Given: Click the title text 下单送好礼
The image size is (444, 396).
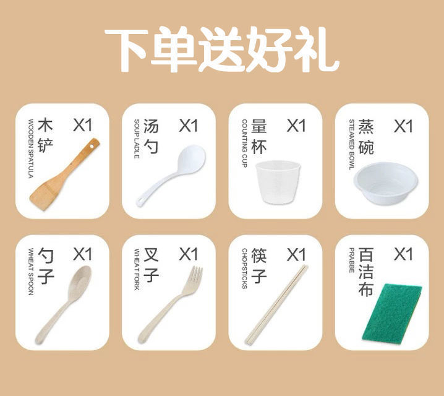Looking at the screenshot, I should point(221,49).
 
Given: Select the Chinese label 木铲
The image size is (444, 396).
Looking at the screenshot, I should point(46,136).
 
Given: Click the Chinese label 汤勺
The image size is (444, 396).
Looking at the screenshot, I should point(152,136).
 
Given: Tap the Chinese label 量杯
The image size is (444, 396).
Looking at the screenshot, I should point(259,136).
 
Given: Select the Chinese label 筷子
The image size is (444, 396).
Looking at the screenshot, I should point(259,264).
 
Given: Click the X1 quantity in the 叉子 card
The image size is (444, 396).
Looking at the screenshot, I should point(189,254).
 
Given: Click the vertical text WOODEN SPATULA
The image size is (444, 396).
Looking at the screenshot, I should point(30,148).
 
